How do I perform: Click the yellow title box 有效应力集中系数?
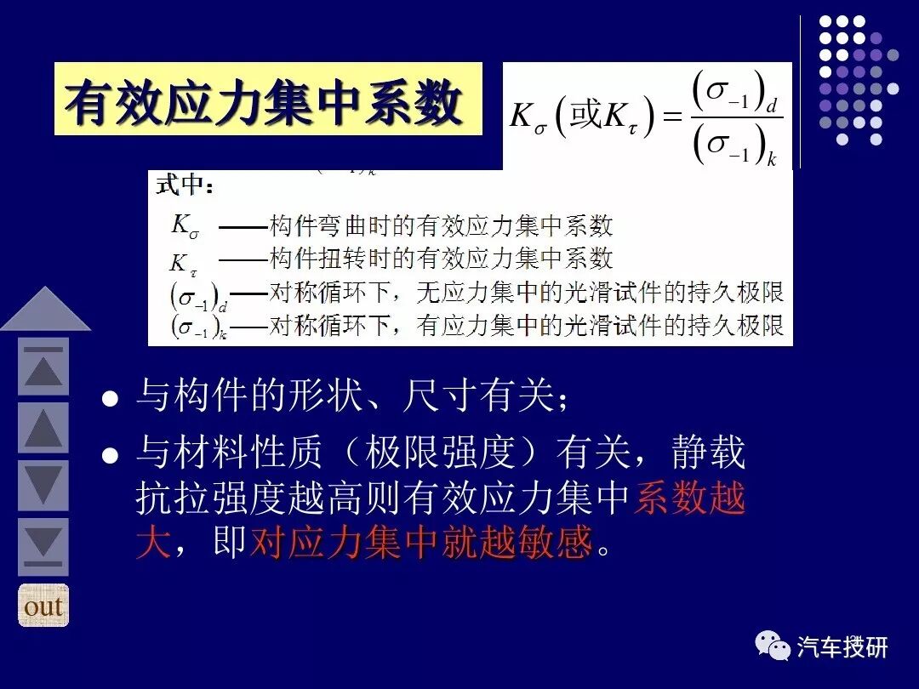pyautogui.click(x=267, y=100)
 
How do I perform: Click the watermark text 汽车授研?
pyautogui.click(x=842, y=647)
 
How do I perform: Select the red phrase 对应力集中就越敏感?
pyautogui.click(x=420, y=542)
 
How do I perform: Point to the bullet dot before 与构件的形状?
pyautogui.click(x=109, y=398)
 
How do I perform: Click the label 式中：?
pyautogui.click(x=186, y=186)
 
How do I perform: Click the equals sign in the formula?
pyautogui.click(x=672, y=117)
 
